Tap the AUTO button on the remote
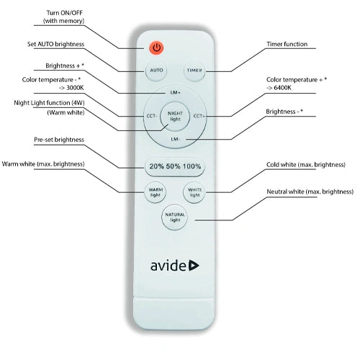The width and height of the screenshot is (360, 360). tap(156, 71)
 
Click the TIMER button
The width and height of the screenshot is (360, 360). tap(194, 71)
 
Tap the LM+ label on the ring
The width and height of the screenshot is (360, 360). tap(175, 93)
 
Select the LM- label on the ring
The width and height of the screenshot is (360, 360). tap(175, 139)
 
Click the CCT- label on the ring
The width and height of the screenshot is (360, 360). tap(152, 116)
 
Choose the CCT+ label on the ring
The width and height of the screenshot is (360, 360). tap(199, 116)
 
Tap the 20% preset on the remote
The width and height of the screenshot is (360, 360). tap(156, 166)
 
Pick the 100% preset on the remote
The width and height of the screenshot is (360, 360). tap(192, 166)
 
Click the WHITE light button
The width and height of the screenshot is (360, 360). tap(194, 192)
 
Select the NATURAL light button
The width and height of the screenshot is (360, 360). tap(174, 217)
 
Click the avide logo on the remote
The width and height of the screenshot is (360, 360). tap(175, 266)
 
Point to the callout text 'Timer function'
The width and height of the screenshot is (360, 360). tap(287, 44)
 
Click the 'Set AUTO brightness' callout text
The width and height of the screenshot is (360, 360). tap(55, 44)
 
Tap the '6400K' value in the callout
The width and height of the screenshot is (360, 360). tap(282, 88)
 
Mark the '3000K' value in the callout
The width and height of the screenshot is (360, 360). tap(75, 88)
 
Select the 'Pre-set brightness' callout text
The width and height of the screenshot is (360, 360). tap(59, 140)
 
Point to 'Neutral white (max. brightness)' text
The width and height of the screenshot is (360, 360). tap(310, 192)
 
